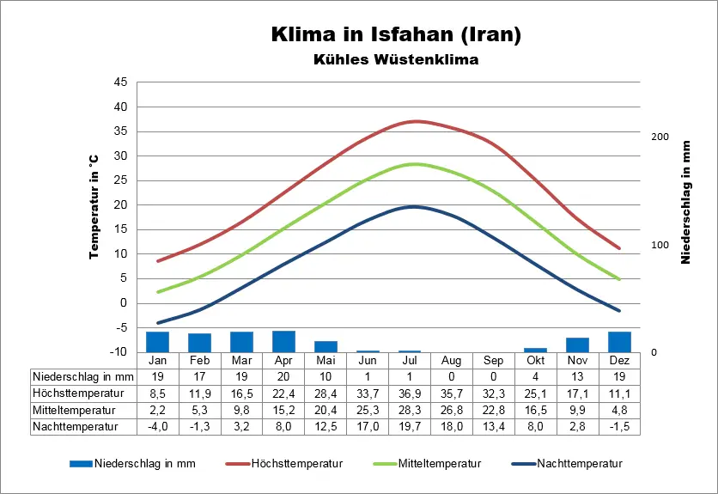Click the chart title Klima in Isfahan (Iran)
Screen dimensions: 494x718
pos(395,35)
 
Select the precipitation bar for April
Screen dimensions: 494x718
pos(283,341)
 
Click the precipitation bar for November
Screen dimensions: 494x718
pos(577,345)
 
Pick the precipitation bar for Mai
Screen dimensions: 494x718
pos(326,346)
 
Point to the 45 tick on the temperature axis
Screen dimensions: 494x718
pos(119,82)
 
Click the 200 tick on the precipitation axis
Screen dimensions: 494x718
pos(660,137)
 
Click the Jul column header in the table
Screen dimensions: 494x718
pos(410,361)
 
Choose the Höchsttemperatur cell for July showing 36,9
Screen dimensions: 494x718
pos(410,393)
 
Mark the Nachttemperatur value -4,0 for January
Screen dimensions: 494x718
pos(157,426)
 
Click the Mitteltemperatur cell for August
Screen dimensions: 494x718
pos(452,410)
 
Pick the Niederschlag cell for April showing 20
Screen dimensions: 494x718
pos(283,377)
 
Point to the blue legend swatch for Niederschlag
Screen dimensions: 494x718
pos(80,464)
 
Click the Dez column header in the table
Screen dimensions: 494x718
pos(619,361)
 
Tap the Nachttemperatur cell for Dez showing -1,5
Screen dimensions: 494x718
pos(619,426)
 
